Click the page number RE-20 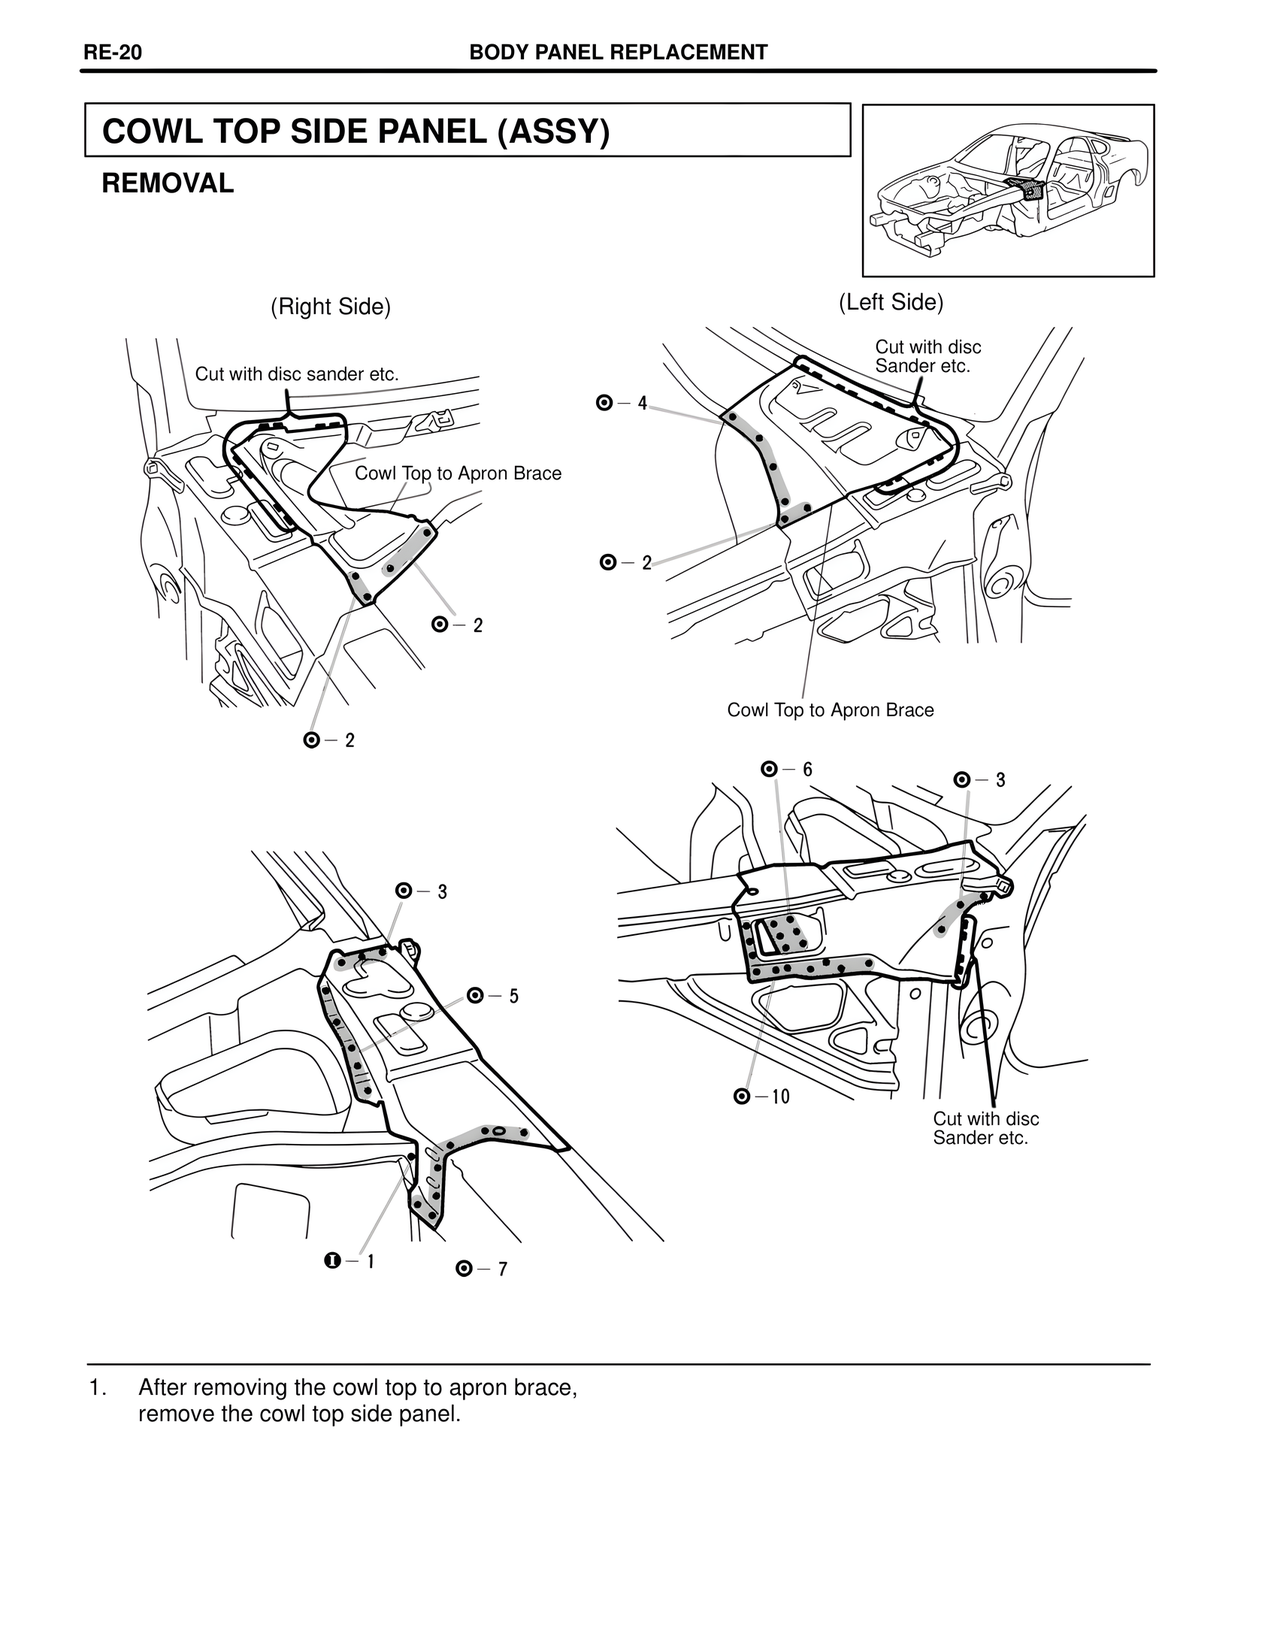(112, 52)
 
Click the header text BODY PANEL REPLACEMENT (618, 52)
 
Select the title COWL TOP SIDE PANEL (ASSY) (356, 131)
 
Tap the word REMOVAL (168, 184)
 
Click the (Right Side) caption (330, 307)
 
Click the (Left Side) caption (890, 302)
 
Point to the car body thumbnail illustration (1008, 190)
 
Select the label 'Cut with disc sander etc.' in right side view (297, 374)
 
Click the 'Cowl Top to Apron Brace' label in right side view (458, 473)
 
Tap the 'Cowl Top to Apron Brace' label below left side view (830, 710)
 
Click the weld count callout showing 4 (621, 403)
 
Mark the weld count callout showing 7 (481, 1269)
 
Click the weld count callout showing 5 (492, 996)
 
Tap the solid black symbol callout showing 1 (350, 1261)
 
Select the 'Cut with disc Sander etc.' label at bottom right (986, 1128)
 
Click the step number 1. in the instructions (97, 1388)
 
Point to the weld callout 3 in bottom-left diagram (421, 891)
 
